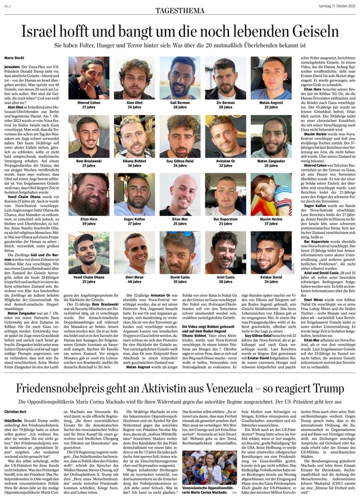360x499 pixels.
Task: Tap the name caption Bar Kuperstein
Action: [226, 219]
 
